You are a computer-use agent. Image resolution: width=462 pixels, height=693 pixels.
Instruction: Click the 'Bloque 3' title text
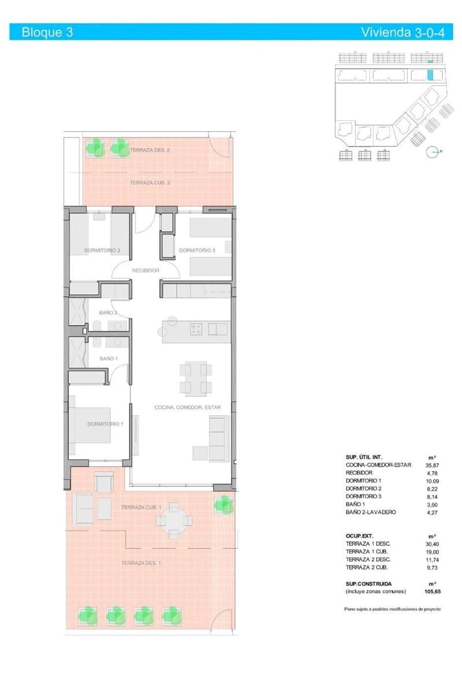[x=47, y=32]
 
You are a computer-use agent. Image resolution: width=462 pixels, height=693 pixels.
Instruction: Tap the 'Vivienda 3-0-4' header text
[x=403, y=32]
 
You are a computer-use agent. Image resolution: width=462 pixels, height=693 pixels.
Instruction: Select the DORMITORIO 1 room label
[x=105, y=424]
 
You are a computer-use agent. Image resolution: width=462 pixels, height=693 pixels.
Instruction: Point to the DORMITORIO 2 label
[x=102, y=251]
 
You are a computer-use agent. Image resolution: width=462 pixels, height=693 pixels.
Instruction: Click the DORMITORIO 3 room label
[x=197, y=251]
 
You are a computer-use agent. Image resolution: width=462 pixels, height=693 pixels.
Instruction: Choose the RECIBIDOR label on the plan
[x=146, y=270]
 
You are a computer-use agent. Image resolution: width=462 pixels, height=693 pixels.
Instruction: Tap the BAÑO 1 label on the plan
[x=109, y=359]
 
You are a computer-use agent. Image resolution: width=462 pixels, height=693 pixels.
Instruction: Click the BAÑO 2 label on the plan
[x=109, y=312]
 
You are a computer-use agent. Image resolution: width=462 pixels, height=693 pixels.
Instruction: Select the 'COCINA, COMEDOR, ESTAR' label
[x=188, y=407]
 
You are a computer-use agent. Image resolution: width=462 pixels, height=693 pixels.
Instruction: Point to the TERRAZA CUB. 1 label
[x=140, y=507]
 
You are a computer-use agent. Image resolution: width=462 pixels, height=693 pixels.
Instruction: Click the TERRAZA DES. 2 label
[x=150, y=150]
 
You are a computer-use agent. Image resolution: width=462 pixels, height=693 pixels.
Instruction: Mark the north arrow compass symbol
[x=433, y=152]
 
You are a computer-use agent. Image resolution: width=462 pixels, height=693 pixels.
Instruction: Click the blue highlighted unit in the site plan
[x=430, y=75]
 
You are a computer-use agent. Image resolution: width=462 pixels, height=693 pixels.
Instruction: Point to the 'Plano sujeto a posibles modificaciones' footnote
[x=393, y=609]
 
